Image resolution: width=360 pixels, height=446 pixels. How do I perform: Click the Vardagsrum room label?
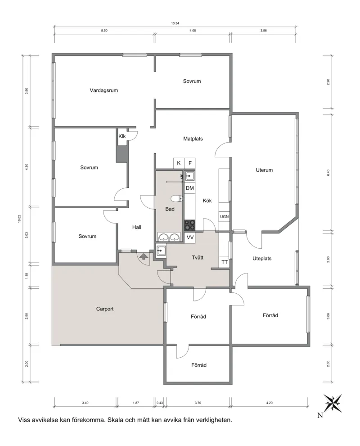pyautogui.click(x=103, y=91)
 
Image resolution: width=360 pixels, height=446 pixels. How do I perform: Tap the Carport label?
pyautogui.click(x=105, y=309)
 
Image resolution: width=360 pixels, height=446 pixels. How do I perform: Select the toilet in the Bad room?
pyautogui.click(x=177, y=198)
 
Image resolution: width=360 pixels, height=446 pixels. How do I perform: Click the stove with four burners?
pyautogui.click(x=190, y=225)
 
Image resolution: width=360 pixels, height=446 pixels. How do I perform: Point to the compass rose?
pyautogui.click(x=333, y=403)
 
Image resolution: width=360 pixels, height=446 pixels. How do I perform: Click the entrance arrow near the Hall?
pyautogui.click(x=144, y=257)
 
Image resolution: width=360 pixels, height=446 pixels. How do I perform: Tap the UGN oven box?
pyautogui.click(x=224, y=217)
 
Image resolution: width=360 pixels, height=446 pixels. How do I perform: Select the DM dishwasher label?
pyautogui.click(x=190, y=188)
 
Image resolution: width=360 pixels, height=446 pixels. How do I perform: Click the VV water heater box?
pyautogui.click(x=190, y=237)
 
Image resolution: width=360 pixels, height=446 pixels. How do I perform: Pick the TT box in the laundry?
pyautogui.click(x=225, y=262)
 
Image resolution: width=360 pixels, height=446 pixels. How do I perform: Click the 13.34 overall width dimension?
pyautogui.click(x=175, y=23)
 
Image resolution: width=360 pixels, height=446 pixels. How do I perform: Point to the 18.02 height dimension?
pyautogui.click(x=19, y=218)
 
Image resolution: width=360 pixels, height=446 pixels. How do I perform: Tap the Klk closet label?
pyautogui.click(x=122, y=136)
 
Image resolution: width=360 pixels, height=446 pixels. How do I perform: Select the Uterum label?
pyautogui.click(x=264, y=170)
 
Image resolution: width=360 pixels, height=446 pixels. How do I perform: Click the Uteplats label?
pyautogui.click(x=262, y=259)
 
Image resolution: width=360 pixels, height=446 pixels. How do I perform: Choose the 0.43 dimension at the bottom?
pyautogui.click(x=160, y=403)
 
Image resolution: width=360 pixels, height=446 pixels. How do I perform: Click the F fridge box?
pyautogui.click(x=190, y=163)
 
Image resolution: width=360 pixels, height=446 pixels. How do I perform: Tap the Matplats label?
pyautogui.click(x=193, y=139)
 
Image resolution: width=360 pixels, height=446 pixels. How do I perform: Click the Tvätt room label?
pyautogui.click(x=198, y=258)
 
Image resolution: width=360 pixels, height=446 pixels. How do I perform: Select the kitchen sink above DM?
pyautogui.click(x=190, y=176)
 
